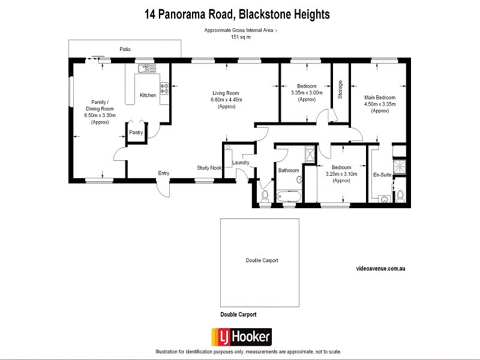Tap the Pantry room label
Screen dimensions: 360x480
[x=136, y=133]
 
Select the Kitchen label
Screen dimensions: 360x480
[x=148, y=95]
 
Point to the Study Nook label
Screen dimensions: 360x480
[x=209, y=168]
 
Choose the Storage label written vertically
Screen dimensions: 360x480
[x=340, y=89]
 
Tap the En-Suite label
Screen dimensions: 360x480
[x=382, y=175]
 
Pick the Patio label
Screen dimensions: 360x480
[x=124, y=49]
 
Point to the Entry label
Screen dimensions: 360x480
[x=163, y=173]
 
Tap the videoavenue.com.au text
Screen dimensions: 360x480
[x=381, y=270]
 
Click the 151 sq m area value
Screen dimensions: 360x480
[x=241, y=37]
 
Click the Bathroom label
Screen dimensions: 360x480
[x=288, y=170]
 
